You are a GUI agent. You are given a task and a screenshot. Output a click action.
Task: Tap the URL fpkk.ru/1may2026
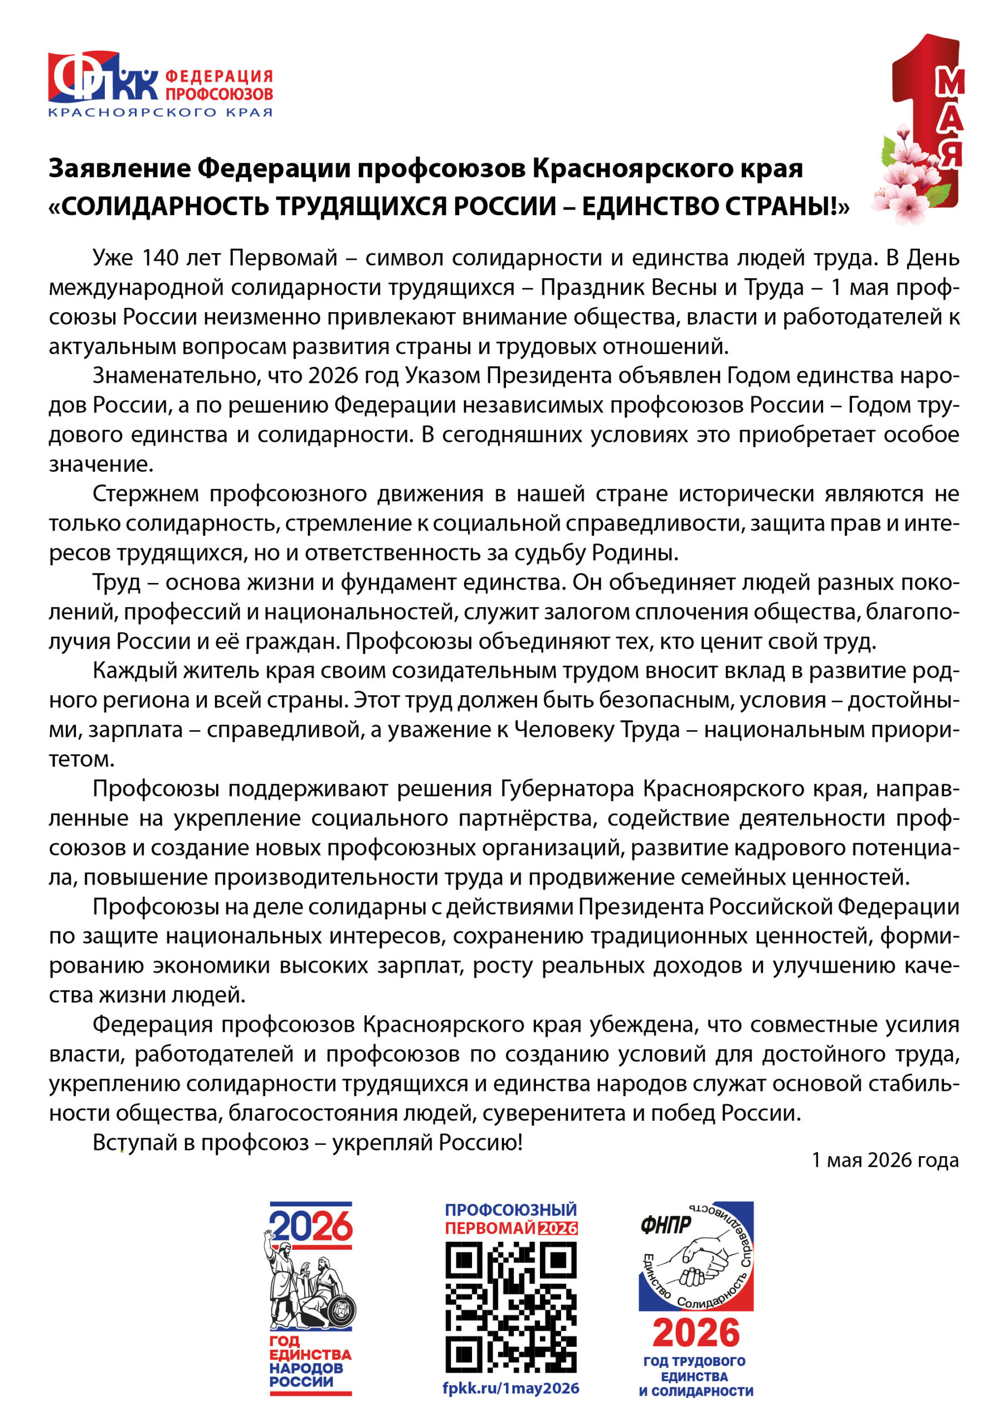click(511, 1389)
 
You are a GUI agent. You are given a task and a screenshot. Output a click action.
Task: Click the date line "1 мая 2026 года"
click(885, 1160)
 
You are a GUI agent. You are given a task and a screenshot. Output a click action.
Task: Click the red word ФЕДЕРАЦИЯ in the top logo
click(219, 76)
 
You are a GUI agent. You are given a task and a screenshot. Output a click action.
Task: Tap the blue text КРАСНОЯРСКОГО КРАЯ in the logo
click(160, 113)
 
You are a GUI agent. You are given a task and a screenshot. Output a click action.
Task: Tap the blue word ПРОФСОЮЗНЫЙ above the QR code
click(511, 1210)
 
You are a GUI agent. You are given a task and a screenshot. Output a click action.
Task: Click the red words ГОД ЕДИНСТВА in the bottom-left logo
click(309, 1347)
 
